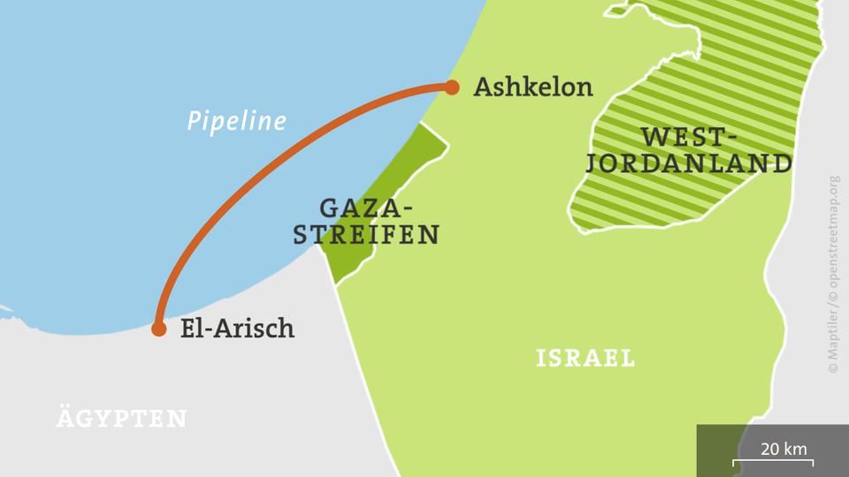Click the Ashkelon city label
tap(533, 87)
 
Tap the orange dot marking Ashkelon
tap(452, 87)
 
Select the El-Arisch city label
tap(236, 329)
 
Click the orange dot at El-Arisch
tap(158, 329)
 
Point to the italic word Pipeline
tap(236, 121)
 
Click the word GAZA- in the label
tap(363, 209)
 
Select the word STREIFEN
tap(366, 236)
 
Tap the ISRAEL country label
tap(585, 358)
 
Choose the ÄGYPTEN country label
tap(121, 418)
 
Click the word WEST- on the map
tap(690, 137)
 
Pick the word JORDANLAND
tap(690, 163)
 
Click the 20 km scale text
tap(784, 449)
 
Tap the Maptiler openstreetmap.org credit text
tap(835, 274)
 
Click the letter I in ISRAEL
tap(540, 358)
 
